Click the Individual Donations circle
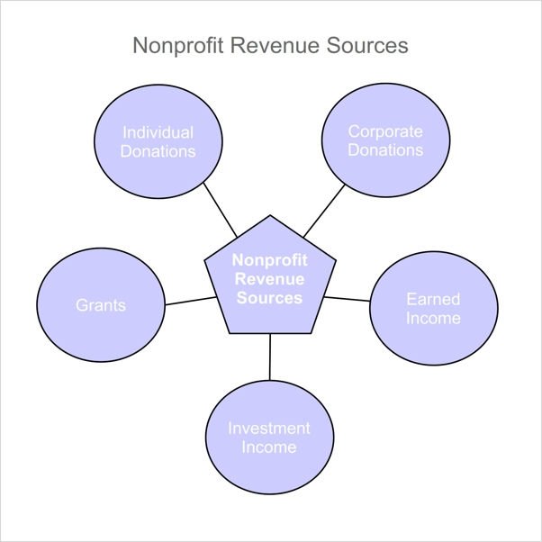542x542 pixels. [158, 142]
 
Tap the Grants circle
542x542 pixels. [101, 305]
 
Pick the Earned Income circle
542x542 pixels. [433, 308]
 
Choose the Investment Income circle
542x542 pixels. [269, 438]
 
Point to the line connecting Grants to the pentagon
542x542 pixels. [191, 301]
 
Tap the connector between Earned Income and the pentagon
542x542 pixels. [347, 298]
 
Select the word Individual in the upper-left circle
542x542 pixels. [158, 132]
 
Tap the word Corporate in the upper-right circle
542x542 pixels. [385, 132]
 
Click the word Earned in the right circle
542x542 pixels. [433, 299]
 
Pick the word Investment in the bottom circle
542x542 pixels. [269, 428]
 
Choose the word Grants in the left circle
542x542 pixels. [101, 305]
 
